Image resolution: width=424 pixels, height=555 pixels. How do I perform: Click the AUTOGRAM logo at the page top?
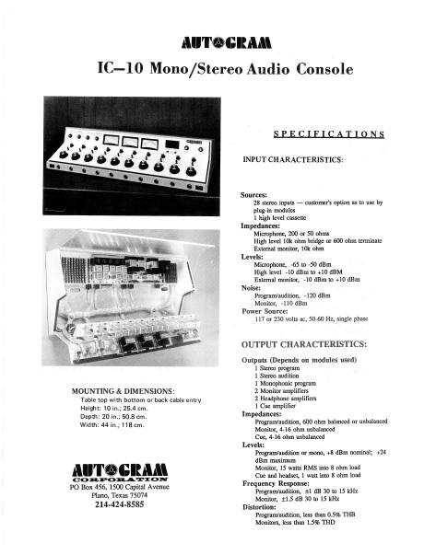(212, 42)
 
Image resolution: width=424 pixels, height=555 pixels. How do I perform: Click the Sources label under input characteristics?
(254, 195)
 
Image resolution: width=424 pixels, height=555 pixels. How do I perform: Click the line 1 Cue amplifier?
(282, 404)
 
